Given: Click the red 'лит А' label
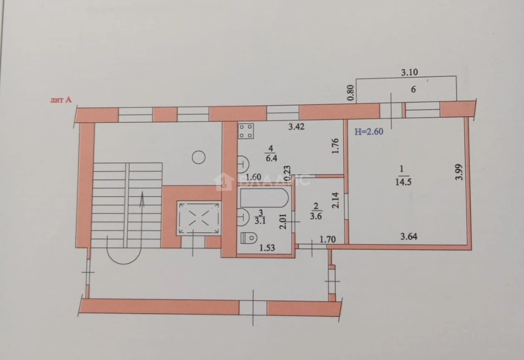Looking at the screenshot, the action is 61,100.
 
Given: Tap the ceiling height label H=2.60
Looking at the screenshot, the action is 369,132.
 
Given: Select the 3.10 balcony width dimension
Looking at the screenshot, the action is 410,73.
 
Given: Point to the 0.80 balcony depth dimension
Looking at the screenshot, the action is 350,93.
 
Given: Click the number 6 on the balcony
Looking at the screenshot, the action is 413,89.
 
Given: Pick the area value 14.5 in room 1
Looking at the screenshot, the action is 403,182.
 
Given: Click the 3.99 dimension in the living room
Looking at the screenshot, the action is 459,172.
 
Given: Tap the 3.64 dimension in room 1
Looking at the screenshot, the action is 409,236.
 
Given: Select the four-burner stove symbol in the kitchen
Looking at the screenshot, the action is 246,131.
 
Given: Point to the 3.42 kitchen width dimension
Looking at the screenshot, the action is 296,127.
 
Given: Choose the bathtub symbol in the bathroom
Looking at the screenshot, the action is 264,198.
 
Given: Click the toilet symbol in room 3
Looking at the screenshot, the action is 249,238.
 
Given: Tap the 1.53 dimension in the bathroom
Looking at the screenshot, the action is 267,248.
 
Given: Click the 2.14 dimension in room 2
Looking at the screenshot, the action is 335,200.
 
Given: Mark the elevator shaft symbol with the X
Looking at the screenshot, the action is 198,218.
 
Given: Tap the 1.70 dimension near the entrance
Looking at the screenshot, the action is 328,239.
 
